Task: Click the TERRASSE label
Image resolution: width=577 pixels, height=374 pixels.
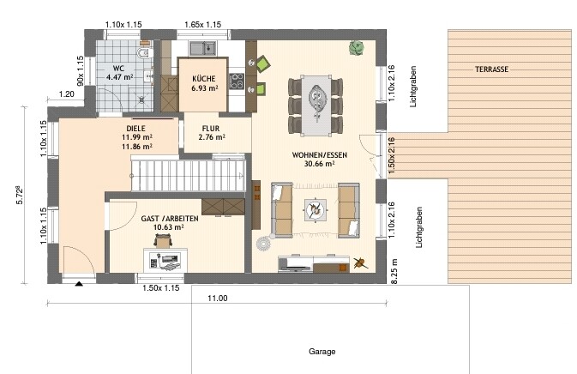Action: [x=491, y=69]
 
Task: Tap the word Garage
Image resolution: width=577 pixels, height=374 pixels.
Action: [x=322, y=352]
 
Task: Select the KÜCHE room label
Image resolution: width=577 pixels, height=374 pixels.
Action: [x=203, y=79]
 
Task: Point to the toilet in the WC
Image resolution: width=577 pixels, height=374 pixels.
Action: [x=144, y=53]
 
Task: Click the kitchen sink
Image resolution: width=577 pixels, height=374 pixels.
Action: [x=202, y=48]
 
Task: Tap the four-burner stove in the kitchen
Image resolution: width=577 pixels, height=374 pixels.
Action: [x=237, y=81]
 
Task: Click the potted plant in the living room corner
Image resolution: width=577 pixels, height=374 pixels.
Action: [x=356, y=48]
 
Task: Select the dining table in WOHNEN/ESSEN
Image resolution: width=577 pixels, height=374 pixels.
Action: [x=316, y=106]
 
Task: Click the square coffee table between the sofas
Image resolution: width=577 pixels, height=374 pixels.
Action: [x=315, y=210]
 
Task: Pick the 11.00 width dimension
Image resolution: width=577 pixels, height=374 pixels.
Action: [x=218, y=299]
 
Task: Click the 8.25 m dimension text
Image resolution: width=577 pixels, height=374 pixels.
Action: [x=394, y=271]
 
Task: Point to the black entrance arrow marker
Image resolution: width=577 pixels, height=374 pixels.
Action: [x=79, y=283]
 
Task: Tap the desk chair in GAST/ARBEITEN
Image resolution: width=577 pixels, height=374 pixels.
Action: [x=163, y=241]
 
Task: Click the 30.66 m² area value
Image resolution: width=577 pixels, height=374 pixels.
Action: [x=319, y=164]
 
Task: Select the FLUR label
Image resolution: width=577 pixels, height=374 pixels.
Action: [x=211, y=129]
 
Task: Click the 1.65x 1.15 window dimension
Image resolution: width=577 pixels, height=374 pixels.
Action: [x=202, y=25]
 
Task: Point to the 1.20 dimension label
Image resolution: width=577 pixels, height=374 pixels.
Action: [x=67, y=94]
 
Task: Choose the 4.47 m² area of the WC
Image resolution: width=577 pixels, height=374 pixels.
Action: [x=119, y=77]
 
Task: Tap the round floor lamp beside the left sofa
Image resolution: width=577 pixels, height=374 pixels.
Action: [x=264, y=244]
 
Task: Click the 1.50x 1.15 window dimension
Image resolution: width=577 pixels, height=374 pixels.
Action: [x=161, y=288]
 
